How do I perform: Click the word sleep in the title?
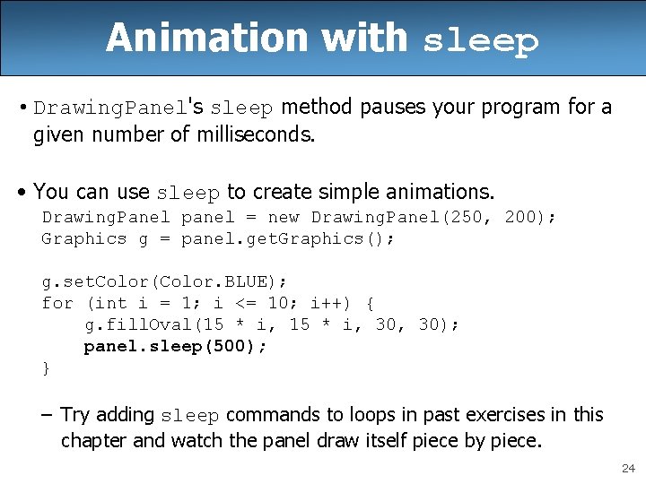480,41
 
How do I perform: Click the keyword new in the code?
284,217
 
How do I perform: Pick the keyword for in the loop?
57,303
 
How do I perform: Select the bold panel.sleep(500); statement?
176,346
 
